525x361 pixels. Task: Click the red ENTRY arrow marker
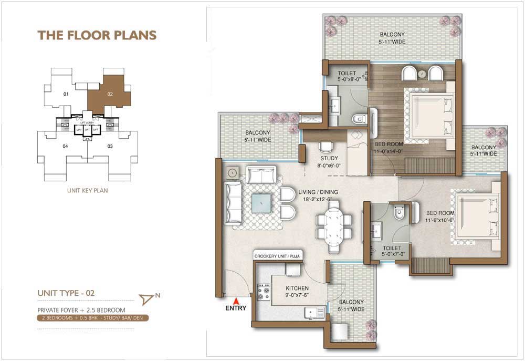point(235,301)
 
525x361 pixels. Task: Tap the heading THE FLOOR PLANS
point(97,35)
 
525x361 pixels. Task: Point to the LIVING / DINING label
point(318,192)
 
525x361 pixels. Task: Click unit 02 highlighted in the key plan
point(109,91)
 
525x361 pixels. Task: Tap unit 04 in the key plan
point(66,146)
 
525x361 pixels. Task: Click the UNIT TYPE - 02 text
point(66,293)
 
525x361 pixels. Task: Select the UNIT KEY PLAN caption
point(88,190)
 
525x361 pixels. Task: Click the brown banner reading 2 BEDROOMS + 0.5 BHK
point(93,318)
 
